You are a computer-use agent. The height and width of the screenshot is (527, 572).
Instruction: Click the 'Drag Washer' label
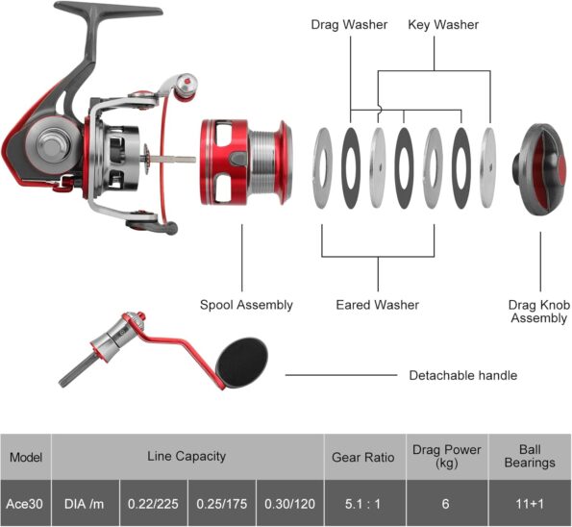(x=349, y=25)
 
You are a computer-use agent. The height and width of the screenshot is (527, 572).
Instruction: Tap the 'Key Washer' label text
(x=443, y=25)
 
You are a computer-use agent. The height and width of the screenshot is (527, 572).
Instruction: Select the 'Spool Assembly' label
(x=246, y=305)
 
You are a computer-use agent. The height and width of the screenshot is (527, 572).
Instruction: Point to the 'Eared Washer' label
(x=377, y=305)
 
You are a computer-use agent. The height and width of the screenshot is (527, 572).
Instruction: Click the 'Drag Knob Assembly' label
(x=539, y=312)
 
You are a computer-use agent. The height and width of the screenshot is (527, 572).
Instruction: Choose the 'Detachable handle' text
(x=463, y=375)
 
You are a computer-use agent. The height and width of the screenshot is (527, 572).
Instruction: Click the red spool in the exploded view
(x=246, y=162)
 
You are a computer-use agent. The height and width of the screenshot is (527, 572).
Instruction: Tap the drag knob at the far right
(x=541, y=169)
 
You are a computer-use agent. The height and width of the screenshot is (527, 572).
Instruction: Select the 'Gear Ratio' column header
(x=363, y=457)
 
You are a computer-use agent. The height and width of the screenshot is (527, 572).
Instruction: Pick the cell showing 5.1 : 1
(x=363, y=504)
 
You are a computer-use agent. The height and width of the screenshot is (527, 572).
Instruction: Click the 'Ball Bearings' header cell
(x=530, y=456)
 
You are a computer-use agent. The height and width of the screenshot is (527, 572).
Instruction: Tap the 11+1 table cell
(x=530, y=504)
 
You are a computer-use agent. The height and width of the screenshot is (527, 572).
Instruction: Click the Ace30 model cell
(x=25, y=504)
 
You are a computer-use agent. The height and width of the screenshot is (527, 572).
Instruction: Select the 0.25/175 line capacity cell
(x=221, y=504)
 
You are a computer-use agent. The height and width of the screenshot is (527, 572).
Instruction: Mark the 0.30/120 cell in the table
(x=289, y=504)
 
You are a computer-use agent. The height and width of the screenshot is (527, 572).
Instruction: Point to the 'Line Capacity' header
(x=187, y=456)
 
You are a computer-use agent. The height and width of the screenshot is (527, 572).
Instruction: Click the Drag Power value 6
(x=446, y=504)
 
